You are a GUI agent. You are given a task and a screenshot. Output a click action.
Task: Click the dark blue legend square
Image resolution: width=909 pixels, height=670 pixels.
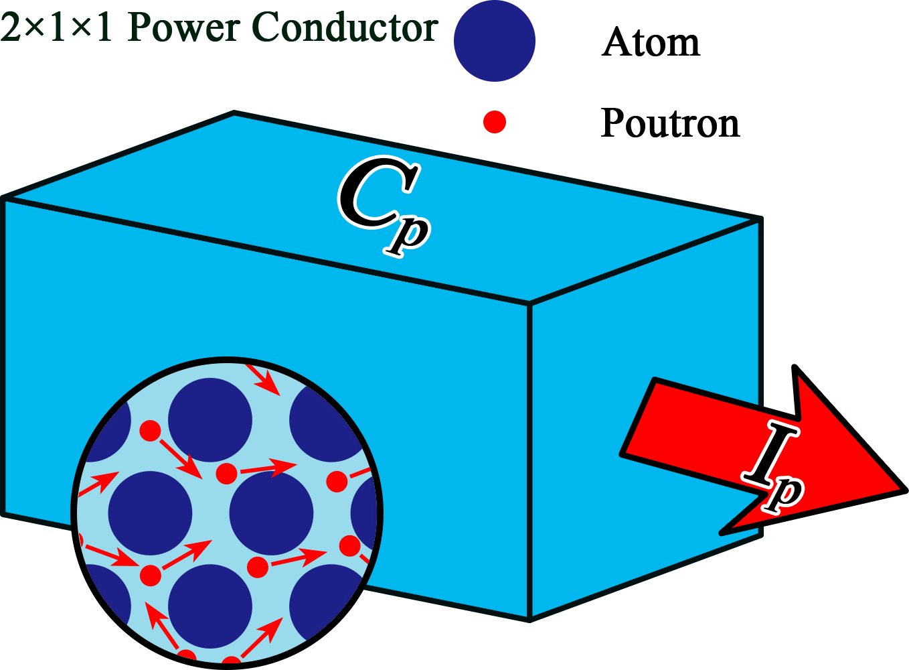pos(494,42)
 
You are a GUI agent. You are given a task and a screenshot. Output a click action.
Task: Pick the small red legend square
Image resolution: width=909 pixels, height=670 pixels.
pos(494,122)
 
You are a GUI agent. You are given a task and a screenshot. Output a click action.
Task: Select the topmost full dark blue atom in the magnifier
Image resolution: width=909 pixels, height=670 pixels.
pos(210,420)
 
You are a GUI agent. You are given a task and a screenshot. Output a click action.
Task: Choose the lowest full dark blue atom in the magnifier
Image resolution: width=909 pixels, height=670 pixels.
pos(210,606)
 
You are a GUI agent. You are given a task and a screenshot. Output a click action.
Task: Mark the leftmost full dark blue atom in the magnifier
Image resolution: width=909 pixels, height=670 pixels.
pos(150,513)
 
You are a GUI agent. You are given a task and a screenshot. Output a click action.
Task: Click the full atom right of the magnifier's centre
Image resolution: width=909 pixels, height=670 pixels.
pos(271,513)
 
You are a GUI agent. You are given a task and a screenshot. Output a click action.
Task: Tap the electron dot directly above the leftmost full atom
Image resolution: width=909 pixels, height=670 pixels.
pos(150,430)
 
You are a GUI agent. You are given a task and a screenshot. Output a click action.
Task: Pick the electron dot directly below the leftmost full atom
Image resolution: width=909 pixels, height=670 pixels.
pos(151,575)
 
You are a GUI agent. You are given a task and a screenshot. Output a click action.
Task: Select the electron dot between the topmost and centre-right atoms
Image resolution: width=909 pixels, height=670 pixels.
pos(226,474)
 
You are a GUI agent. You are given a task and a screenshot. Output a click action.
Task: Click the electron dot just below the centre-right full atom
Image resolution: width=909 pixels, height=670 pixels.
pos(258,567)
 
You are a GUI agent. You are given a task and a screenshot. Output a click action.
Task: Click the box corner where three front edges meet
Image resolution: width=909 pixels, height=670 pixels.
pos(529,304)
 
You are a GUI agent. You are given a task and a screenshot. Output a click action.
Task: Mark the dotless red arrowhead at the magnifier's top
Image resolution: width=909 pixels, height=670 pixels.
pos(267,382)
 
